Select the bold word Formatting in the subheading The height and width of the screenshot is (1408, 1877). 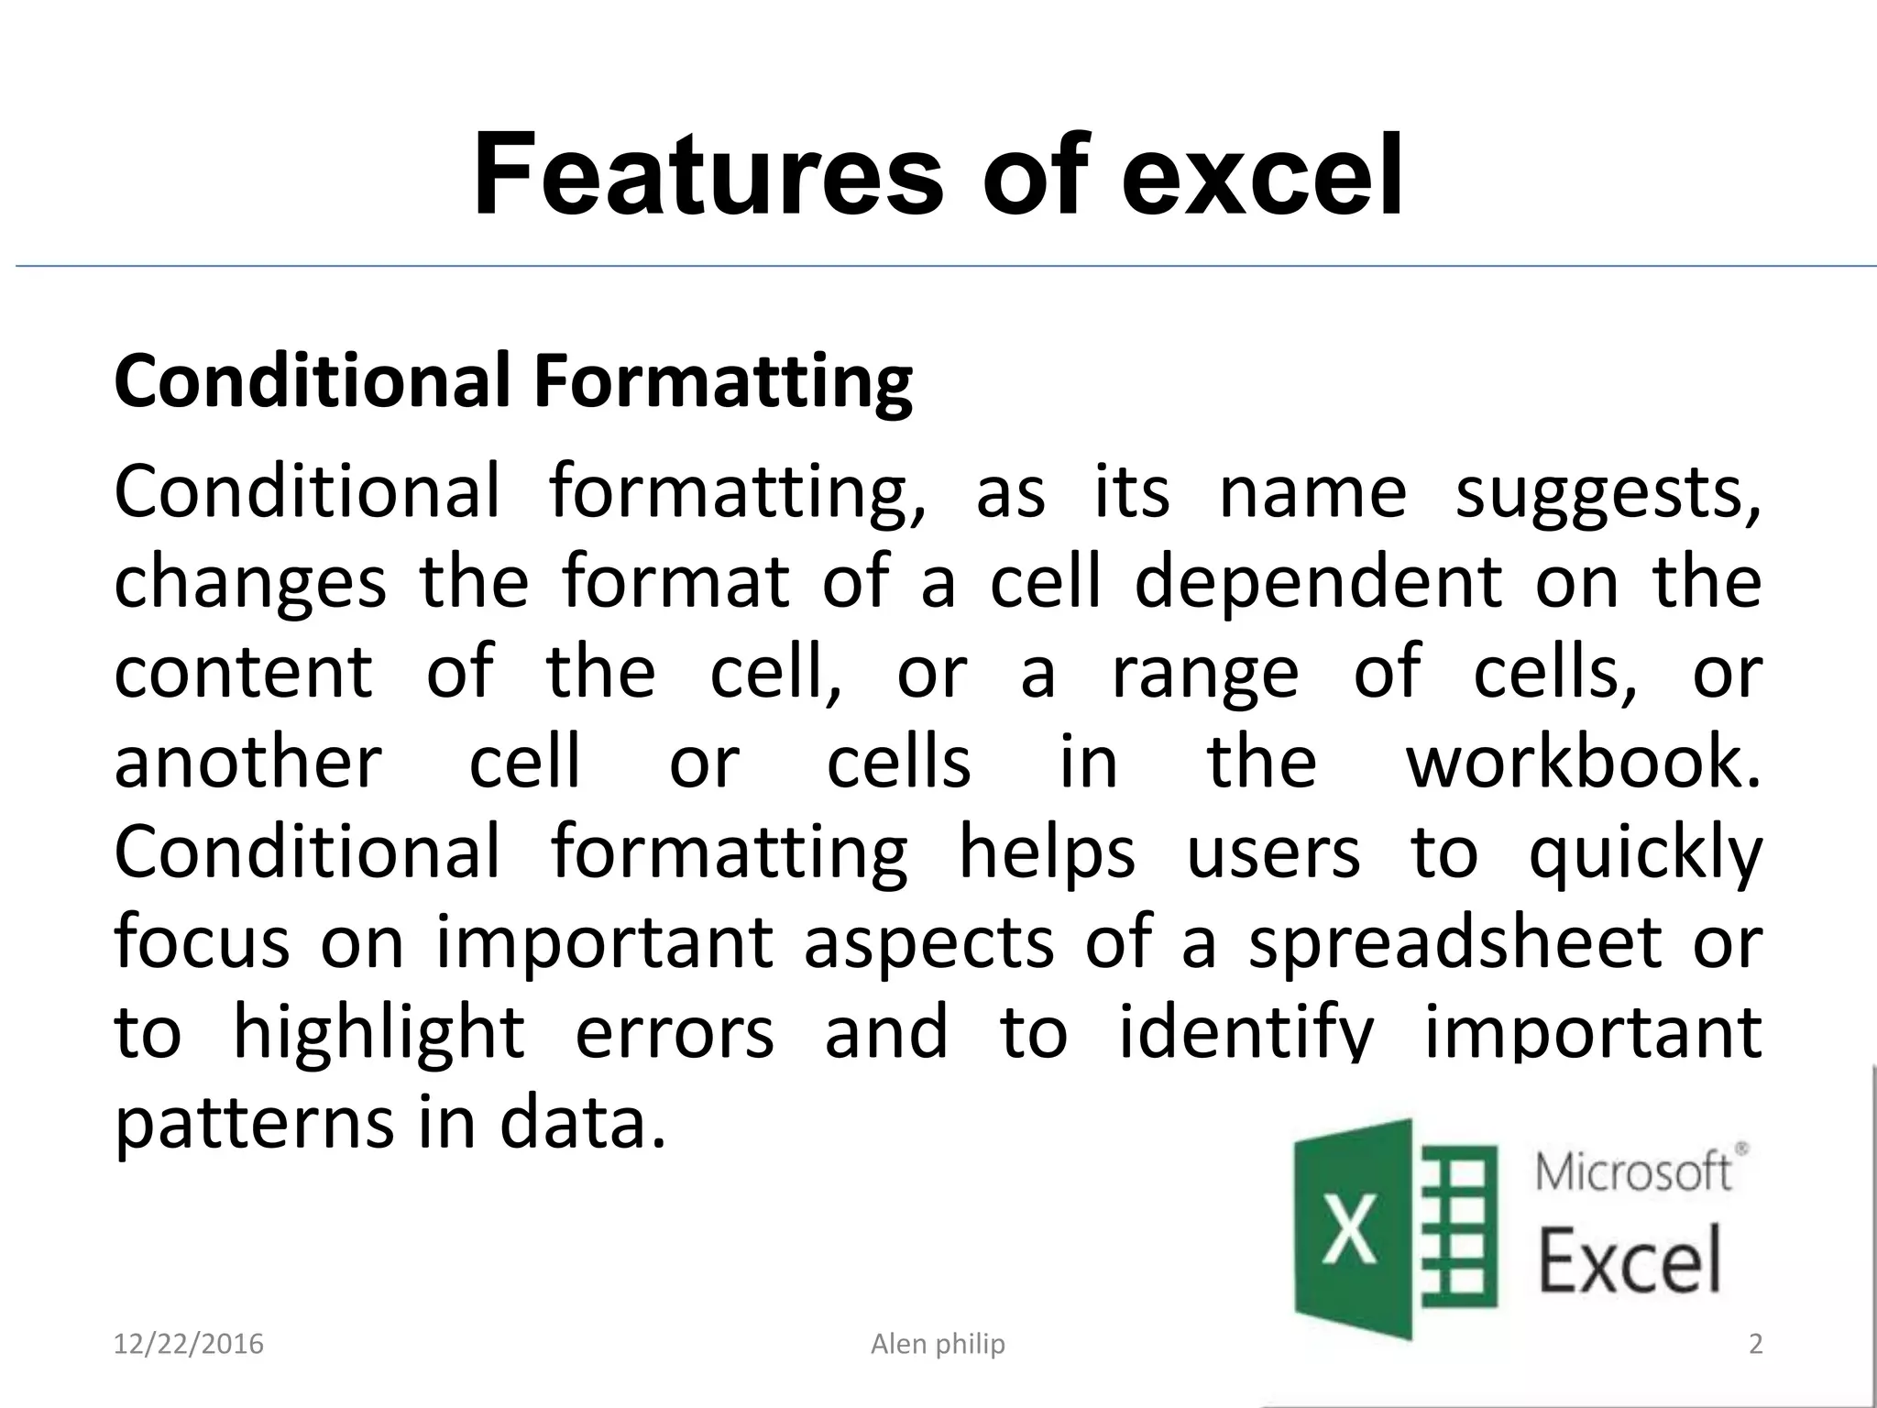[723, 382]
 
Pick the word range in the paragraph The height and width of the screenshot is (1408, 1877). [1205, 672]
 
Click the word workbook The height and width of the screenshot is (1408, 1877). [1584, 762]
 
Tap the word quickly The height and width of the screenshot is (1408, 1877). [1646, 853]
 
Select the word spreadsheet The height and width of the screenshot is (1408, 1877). [1455, 942]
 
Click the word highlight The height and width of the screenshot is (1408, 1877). [379, 1033]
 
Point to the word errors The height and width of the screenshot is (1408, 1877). [675, 1033]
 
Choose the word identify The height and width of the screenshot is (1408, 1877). [1247, 1033]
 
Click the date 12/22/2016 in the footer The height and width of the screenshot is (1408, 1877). [188, 1345]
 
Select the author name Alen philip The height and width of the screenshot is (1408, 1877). [938, 1345]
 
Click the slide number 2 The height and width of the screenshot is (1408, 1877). [1756, 1345]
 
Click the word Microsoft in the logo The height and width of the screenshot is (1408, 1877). [1633, 1173]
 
